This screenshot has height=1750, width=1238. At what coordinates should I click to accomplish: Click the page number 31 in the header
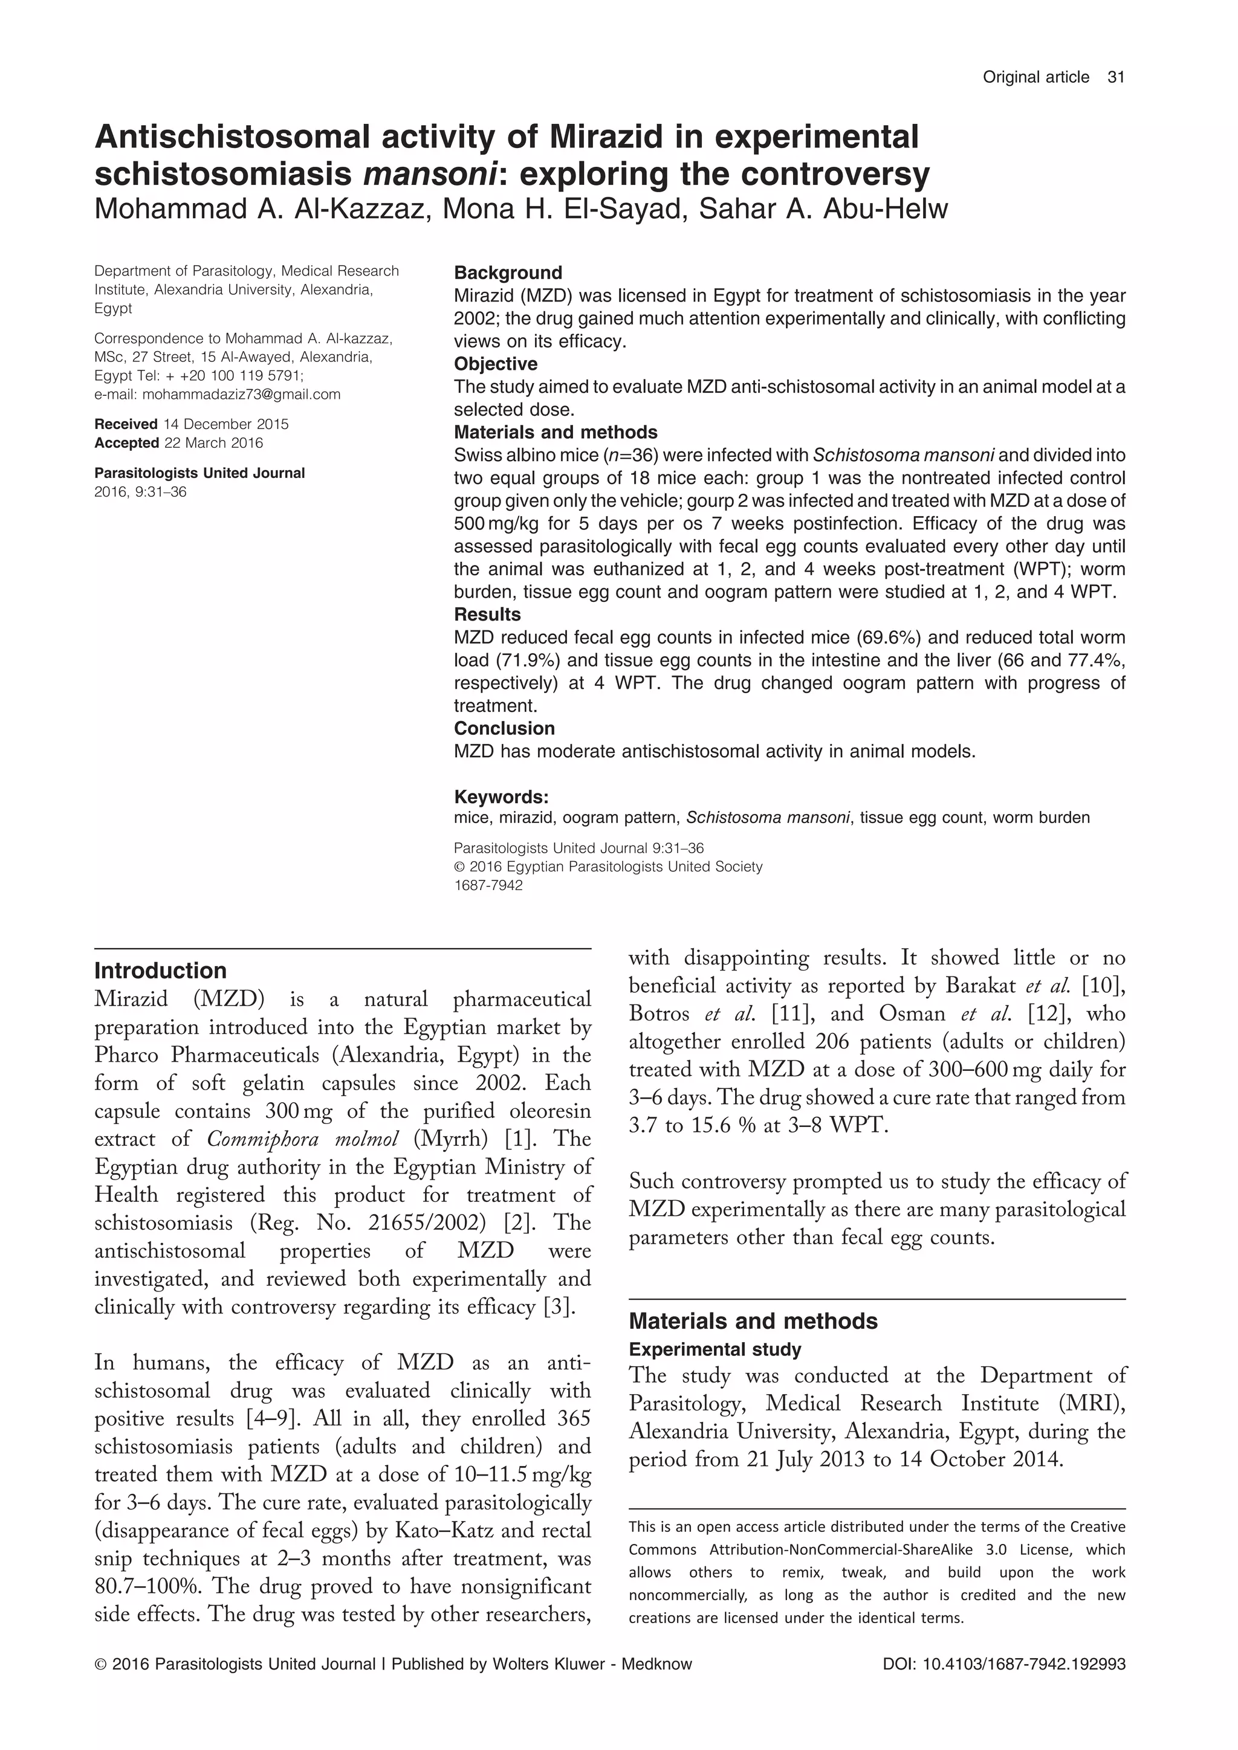pos(1116,77)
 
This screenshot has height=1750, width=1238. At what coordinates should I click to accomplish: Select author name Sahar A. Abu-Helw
pos(823,209)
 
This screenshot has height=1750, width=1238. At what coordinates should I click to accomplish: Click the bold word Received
pos(126,424)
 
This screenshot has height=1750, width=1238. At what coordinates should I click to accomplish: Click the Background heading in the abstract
pos(508,273)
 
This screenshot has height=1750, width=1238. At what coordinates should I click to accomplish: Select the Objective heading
pos(496,364)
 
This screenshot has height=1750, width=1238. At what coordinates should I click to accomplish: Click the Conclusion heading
pos(504,728)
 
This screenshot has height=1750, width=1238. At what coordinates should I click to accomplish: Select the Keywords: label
pos(501,797)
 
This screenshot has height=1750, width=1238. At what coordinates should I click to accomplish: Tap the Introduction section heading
pos(160,970)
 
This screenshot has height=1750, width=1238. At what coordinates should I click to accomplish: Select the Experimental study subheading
pos(715,1349)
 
